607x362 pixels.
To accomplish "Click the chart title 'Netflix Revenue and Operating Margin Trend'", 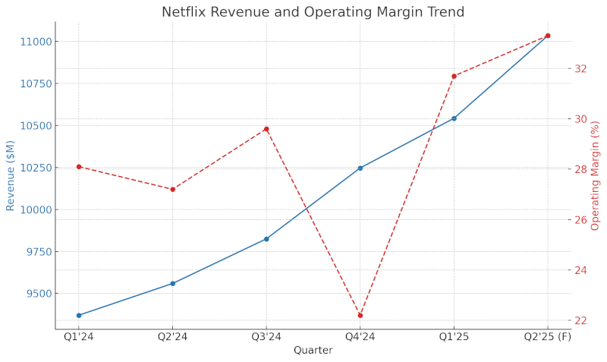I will click(323, 12).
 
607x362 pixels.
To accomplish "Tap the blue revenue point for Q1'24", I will click(79, 316).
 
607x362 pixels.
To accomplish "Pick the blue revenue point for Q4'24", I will click(360, 168).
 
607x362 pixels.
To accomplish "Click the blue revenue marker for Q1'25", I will click(454, 118).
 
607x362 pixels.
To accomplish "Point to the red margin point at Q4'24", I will click(360, 316).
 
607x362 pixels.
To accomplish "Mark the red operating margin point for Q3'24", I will click(266, 129).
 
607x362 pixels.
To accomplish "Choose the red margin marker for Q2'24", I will click(172, 190).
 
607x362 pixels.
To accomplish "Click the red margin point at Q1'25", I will click(454, 76).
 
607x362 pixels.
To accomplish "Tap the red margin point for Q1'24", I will click(79, 167).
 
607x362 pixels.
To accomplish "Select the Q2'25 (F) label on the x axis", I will click(548, 337).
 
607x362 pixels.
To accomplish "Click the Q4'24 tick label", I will click(360, 337).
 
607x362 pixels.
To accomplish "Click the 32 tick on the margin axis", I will click(580, 69).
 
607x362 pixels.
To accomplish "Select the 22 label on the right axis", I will click(580, 321).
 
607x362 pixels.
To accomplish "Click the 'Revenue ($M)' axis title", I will click(11, 175).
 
